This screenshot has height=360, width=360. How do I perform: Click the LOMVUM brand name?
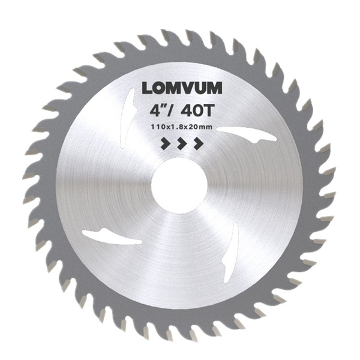pyautogui.click(x=182, y=88)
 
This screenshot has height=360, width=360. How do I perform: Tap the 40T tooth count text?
pyautogui.click(x=197, y=111)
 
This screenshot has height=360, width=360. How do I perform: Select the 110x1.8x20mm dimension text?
pyautogui.click(x=181, y=127)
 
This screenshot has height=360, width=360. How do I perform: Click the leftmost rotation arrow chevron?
pyautogui.click(x=166, y=143)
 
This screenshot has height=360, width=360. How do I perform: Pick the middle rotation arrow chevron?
pyautogui.click(x=182, y=143)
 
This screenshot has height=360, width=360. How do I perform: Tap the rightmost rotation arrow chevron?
pyautogui.click(x=199, y=143)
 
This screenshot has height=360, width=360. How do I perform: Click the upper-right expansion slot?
pyautogui.click(x=247, y=134)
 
